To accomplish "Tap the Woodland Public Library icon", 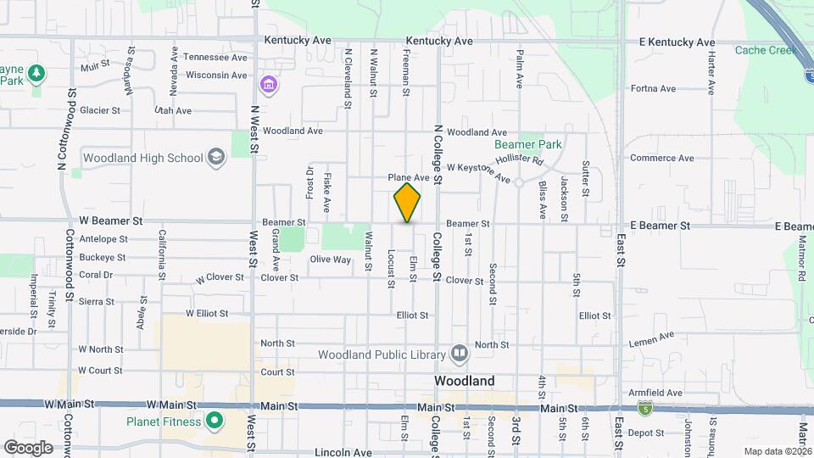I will [x=460, y=351].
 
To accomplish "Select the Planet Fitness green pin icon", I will [x=215, y=421].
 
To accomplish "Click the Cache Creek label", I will [x=767, y=50].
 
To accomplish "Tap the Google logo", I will [x=29, y=447].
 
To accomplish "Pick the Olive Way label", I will [x=330, y=260].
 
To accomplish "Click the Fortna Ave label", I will [x=653, y=88].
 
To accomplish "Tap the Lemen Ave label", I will [x=652, y=339].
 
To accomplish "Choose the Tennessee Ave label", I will [x=215, y=57].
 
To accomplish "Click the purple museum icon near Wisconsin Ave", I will [x=269, y=84].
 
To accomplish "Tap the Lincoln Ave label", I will [x=343, y=453].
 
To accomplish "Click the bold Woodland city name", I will [x=464, y=382].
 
